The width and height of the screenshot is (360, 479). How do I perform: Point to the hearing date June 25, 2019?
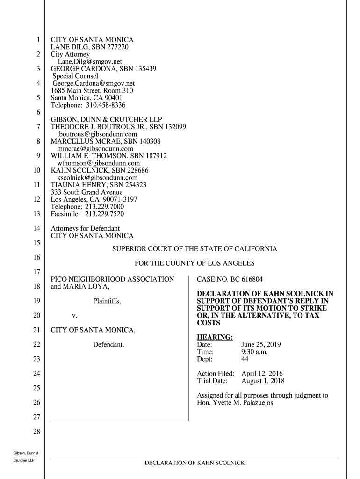(x=261, y=345)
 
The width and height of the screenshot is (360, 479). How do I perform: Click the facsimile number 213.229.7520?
(x=104, y=214)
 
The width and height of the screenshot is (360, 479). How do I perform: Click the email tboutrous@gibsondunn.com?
(x=97, y=134)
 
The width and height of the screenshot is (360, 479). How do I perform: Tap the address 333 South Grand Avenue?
(x=86, y=192)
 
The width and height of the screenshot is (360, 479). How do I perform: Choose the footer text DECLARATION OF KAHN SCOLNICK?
(x=194, y=463)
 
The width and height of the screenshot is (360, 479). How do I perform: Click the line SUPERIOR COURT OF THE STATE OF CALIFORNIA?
(x=194, y=249)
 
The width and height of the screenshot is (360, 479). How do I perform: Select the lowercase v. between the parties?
(x=74, y=316)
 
